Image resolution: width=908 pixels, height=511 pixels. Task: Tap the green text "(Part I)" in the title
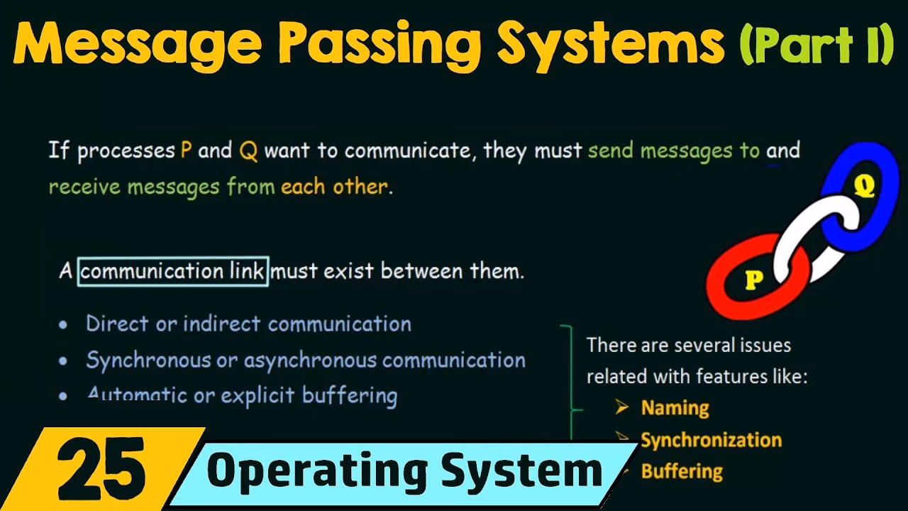(x=816, y=44)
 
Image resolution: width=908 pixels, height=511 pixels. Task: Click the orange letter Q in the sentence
(x=248, y=151)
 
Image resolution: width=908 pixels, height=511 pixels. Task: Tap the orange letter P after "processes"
(x=186, y=150)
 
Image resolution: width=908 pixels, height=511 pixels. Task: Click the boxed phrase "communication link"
(x=173, y=271)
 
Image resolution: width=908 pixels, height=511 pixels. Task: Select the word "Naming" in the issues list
(x=675, y=408)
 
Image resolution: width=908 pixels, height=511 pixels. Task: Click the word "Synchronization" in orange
(x=711, y=440)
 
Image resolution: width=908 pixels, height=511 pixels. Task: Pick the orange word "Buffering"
(x=681, y=471)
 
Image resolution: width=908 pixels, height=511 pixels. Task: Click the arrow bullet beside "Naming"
(x=622, y=407)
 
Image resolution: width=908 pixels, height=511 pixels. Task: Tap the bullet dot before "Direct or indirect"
(x=64, y=325)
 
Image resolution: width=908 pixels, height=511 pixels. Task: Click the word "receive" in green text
(x=84, y=187)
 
